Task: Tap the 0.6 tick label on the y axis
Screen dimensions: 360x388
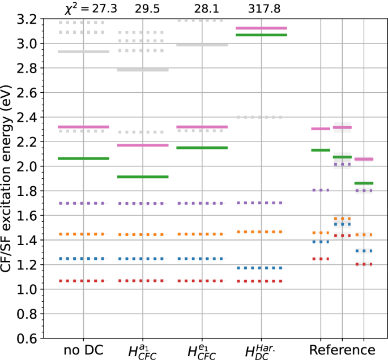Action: point(28,338)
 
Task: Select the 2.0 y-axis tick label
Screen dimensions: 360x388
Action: point(28,166)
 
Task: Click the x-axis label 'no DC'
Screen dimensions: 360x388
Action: point(83,349)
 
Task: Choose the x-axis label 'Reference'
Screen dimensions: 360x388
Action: point(342,349)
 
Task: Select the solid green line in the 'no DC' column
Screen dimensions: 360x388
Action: point(83,158)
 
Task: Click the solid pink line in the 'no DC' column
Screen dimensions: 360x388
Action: point(83,127)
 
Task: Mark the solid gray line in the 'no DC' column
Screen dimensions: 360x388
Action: point(83,52)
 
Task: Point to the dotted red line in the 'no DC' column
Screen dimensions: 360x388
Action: point(83,281)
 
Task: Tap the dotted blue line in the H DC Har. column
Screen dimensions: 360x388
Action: point(261,268)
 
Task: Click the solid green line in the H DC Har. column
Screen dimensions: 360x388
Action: point(261,35)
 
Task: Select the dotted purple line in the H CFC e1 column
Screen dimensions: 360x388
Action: point(202,203)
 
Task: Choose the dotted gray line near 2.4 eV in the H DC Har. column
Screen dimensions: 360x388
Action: point(261,117)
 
